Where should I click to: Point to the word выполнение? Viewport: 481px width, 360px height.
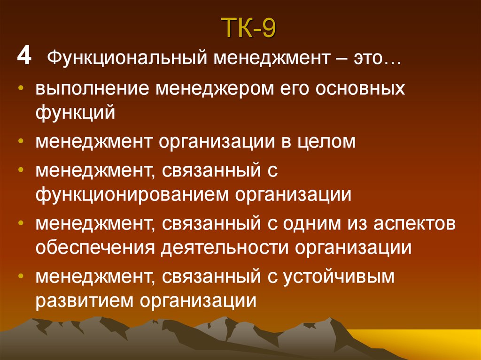tap(92, 89)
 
